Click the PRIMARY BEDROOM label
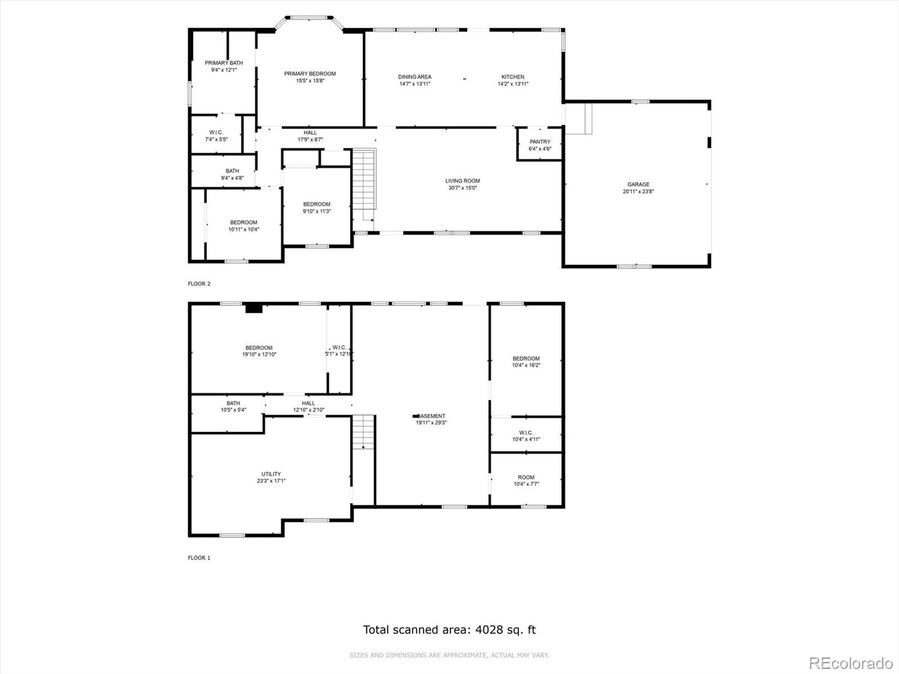pyautogui.click(x=310, y=74)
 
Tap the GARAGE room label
pyautogui.click(x=638, y=184)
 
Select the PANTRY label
pyautogui.click(x=540, y=142)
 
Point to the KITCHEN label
pyautogui.click(x=513, y=77)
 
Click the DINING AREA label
pyautogui.click(x=415, y=77)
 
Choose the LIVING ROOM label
pyautogui.click(x=462, y=181)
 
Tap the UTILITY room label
pyautogui.click(x=271, y=474)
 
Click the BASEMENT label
pyautogui.click(x=432, y=416)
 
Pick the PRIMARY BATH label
pyautogui.click(x=224, y=63)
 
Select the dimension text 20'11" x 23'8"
pyautogui.click(x=638, y=192)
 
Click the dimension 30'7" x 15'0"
pyautogui.click(x=462, y=188)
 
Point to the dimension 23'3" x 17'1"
pyautogui.click(x=271, y=481)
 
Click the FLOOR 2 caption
pyautogui.click(x=199, y=284)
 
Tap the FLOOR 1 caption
pyautogui.click(x=199, y=558)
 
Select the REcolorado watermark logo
pyautogui.click(x=851, y=663)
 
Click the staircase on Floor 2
pyautogui.click(x=364, y=185)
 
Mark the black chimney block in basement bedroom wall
pyautogui.click(x=254, y=308)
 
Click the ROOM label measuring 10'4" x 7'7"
pyautogui.click(x=526, y=477)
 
